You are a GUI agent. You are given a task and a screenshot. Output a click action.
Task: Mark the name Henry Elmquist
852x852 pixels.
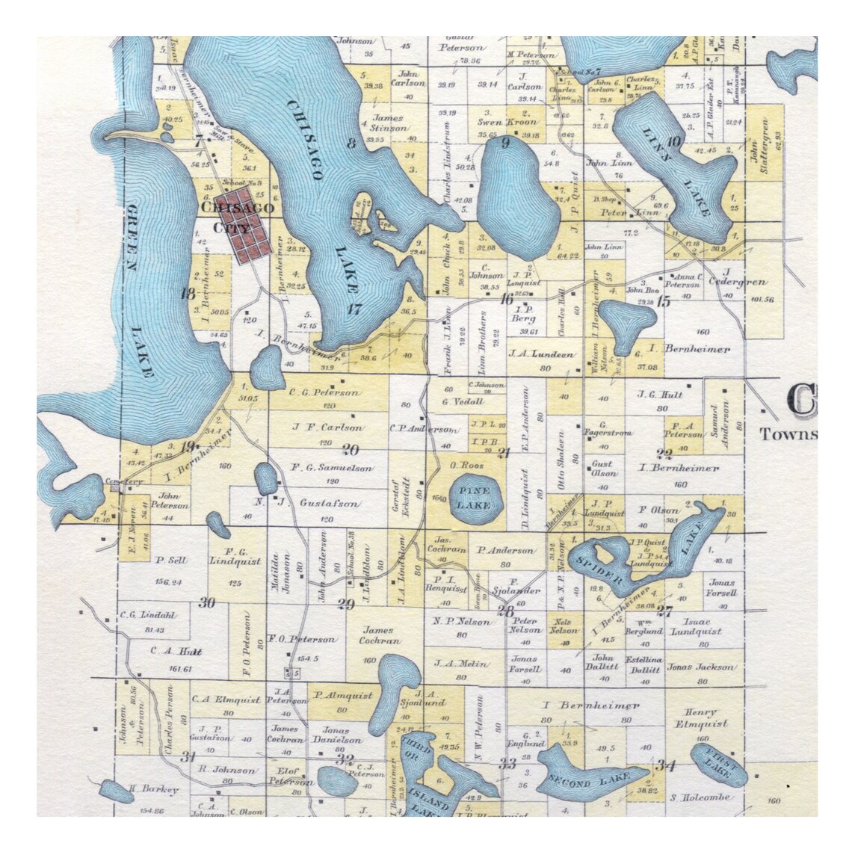point(701,717)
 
